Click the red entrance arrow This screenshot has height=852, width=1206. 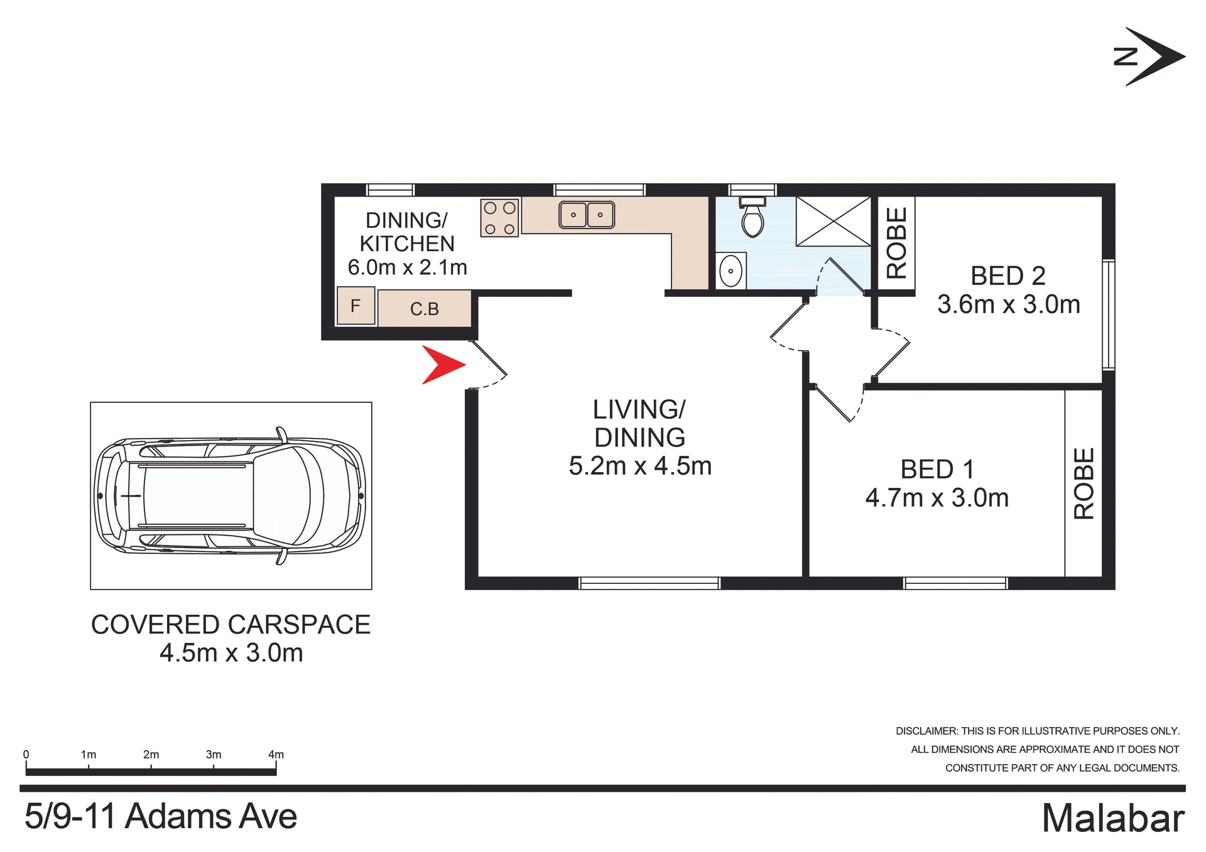(x=442, y=365)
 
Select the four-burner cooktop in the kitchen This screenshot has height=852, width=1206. (x=499, y=218)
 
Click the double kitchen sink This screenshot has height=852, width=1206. (x=587, y=215)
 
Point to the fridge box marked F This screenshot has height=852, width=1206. (x=356, y=306)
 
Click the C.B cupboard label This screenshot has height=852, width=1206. (x=425, y=309)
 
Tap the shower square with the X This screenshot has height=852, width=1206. (x=834, y=221)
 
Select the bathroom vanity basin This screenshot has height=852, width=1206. (x=731, y=272)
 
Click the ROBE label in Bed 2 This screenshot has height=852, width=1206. (x=896, y=243)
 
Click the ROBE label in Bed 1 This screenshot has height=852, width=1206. (x=1084, y=483)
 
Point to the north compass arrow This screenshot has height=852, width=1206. (x=1153, y=57)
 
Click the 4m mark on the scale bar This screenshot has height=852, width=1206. (x=276, y=755)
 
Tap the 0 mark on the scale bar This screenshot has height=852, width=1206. (x=26, y=755)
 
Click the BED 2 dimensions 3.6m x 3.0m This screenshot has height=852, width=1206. (x=1008, y=305)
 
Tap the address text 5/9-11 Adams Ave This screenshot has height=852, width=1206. (x=161, y=817)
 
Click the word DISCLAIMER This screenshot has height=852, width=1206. (x=926, y=731)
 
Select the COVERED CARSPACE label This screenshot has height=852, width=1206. (x=231, y=625)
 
